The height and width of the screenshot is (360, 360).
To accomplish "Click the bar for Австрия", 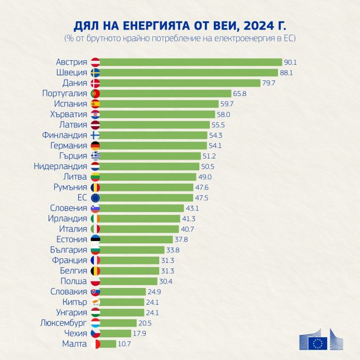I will point(191,62).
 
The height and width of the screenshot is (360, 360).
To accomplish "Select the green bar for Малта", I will point(108,344).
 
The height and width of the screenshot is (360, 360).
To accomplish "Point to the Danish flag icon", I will point(95,83).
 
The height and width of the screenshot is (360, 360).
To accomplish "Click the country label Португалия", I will point(64,93).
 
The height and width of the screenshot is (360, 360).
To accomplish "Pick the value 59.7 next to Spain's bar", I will point(227,104).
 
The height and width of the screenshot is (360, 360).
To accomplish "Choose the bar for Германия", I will point(153,146).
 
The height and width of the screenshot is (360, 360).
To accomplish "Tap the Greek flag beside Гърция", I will point(95,156).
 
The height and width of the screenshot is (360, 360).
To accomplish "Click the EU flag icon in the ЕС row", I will point(95,198).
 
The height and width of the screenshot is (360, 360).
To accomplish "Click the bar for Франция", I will point(129,260).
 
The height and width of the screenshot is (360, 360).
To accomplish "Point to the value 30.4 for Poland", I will point(166,281).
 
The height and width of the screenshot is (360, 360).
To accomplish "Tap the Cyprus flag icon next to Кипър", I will point(95,302).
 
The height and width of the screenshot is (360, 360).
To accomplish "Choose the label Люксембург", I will point(63,323).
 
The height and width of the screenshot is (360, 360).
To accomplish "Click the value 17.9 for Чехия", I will point(139,333).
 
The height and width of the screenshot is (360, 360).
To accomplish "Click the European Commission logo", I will point(321,339).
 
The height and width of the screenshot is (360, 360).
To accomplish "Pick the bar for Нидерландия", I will point(150,166).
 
